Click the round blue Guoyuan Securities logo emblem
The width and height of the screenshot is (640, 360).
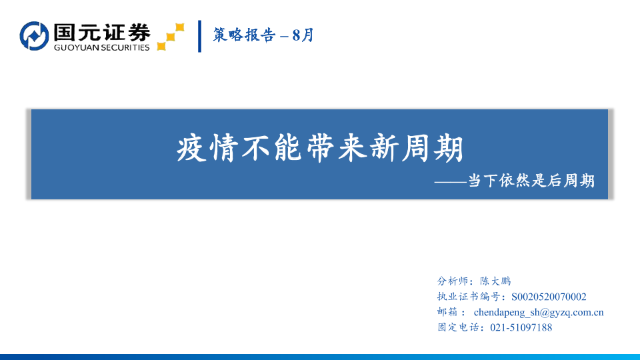(x=34, y=36)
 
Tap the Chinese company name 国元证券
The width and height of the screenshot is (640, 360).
(x=102, y=32)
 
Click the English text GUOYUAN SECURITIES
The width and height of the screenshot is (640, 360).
(x=101, y=47)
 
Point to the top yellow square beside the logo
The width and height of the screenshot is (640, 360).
(x=179, y=27)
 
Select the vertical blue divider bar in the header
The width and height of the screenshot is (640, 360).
(x=199, y=36)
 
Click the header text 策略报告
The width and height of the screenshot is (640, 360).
(x=244, y=35)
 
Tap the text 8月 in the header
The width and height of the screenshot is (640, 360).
(x=303, y=35)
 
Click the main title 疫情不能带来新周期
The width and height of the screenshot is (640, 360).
(x=321, y=148)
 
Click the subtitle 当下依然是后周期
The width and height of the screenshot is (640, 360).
(x=531, y=181)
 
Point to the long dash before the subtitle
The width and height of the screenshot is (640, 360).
(x=450, y=181)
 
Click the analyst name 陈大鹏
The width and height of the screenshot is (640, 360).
(x=495, y=281)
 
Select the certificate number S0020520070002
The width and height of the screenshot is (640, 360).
(x=549, y=297)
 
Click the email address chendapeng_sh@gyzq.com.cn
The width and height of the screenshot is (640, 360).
(x=539, y=312)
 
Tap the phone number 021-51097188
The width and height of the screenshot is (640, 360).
(x=521, y=327)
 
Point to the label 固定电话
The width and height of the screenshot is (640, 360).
(x=458, y=327)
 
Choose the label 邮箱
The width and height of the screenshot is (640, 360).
(x=447, y=312)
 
